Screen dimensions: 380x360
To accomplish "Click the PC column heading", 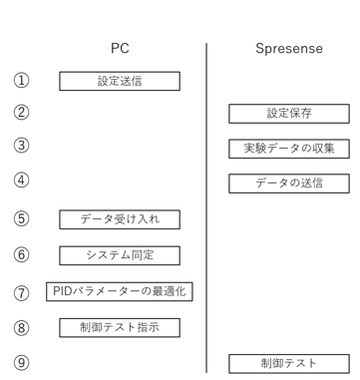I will click(x=120, y=47).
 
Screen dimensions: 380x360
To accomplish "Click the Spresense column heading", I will click(x=289, y=47).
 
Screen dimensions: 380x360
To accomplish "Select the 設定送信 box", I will click(x=120, y=80).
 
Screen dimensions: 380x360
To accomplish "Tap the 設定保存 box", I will click(x=289, y=114).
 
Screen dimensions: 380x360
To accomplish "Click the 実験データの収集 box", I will click(x=289, y=149).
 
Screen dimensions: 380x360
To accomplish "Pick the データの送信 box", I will click(x=289, y=183).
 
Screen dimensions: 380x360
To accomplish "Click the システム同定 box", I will click(x=120, y=255).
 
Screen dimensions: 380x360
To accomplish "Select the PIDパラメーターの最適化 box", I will click(x=120, y=291).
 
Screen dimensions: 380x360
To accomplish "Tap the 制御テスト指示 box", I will click(x=120, y=326).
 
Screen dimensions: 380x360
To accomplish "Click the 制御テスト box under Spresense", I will click(x=289, y=361).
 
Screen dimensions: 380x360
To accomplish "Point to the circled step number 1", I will click(x=20, y=80).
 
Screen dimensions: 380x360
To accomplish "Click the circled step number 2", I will click(x=20, y=114).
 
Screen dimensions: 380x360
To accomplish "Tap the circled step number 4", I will click(x=20, y=183).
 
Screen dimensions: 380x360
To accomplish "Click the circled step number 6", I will click(x=20, y=255).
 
